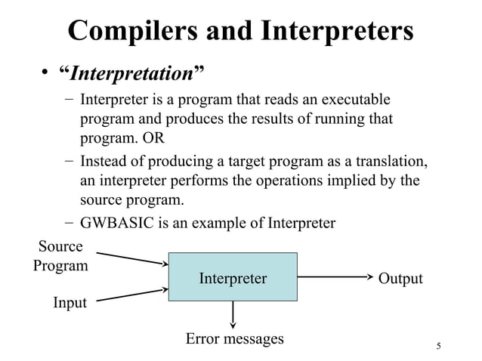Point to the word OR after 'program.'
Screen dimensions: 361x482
point(153,138)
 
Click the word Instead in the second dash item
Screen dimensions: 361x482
point(105,163)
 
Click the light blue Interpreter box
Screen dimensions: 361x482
point(233,279)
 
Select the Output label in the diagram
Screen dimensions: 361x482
point(400,279)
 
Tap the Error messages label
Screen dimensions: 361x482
point(235,338)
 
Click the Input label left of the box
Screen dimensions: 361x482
point(70,303)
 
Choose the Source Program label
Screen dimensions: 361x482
point(60,255)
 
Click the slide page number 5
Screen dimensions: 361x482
point(438,346)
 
